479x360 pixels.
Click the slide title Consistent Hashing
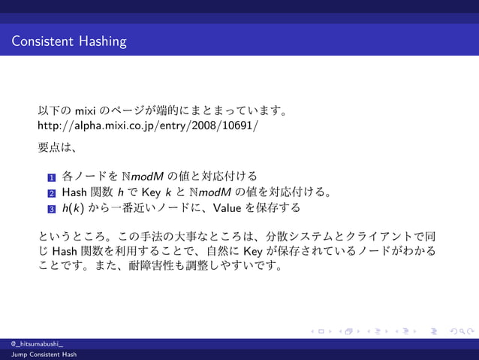(x=69, y=41)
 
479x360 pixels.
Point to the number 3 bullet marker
(x=51, y=209)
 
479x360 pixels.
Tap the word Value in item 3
(x=229, y=207)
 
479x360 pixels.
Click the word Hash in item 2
(x=75, y=192)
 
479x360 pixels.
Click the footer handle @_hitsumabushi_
(x=32, y=343)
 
